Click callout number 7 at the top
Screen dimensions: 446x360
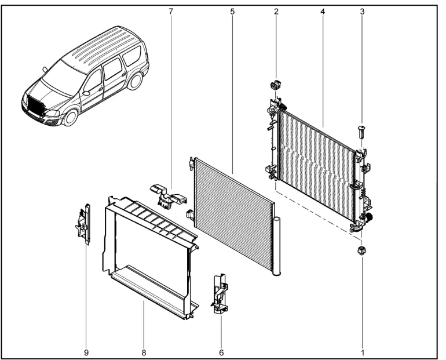pyautogui.click(x=171, y=12)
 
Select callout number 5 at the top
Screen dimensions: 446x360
pyautogui.click(x=233, y=12)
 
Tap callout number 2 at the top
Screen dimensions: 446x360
pyautogui.click(x=276, y=12)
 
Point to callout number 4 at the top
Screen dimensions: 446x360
pyautogui.click(x=322, y=12)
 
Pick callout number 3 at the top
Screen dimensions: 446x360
pyautogui.click(x=362, y=12)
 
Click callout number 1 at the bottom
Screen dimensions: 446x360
pyautogui.click(x=363, y=352)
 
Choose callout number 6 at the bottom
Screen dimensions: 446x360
pyautogui.click(x=222, y=352)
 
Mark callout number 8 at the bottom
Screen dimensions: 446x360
pyautogui.click(x=144, y=352)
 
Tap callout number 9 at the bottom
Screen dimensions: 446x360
pyautogui.click(x=86, y=352)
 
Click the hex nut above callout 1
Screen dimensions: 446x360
pyautogui.click(x=361, y=250)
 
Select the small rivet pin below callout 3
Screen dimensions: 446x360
pyautogui.click(x=361, y=132)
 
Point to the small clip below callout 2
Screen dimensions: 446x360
pyautogui.click(x=275, y=85)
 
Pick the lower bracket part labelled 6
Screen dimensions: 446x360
pyautogui.click(x=221, y=293)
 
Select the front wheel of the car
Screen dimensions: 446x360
pyautogui.click(x=70, y=117)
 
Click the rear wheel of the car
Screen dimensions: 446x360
pyautogui.click(x=134, y=81)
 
